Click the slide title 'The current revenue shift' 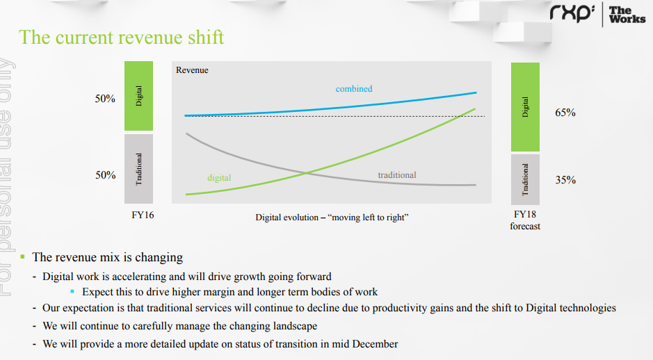click(x=121, y=38)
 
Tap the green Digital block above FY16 click(x=138, y=96)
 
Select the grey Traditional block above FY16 click(x=138, y=169)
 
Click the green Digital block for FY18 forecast click(x=525, y=107)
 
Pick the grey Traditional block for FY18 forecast click(x=525, y=179)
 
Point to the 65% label click(x=565, y=113)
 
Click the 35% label click(x=565, y=180)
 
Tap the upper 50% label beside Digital click(x=105, y=99)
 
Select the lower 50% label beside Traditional click(x=106, y=175)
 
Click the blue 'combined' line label click(x=354, y=89)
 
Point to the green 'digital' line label click(x=219, y=178)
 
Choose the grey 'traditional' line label click(x=397, y=175)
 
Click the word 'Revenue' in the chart click(x=192, y=70)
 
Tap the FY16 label click(x=143, y=215)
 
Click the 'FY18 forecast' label click(x=525, y=220)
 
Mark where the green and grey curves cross click(x=307, y=173)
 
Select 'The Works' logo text click(x=627, y=15)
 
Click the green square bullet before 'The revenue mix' click(x=22, y=256)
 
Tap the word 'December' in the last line click(x=375, y=344)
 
